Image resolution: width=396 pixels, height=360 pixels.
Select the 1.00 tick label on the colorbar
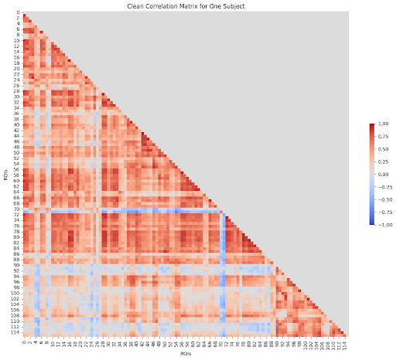click(378, 124)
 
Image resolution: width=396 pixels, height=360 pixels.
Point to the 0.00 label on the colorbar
click(378, 175)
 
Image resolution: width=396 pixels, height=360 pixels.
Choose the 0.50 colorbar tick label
click(378, 149)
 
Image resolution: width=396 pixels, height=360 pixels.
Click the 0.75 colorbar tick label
click(378, 137)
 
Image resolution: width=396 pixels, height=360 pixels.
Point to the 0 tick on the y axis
click(17, 14)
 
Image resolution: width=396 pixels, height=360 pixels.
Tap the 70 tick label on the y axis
click(16, 209)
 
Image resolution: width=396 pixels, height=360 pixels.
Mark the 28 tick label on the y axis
click(16, 92)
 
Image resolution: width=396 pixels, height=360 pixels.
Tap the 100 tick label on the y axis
click(15, 293)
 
